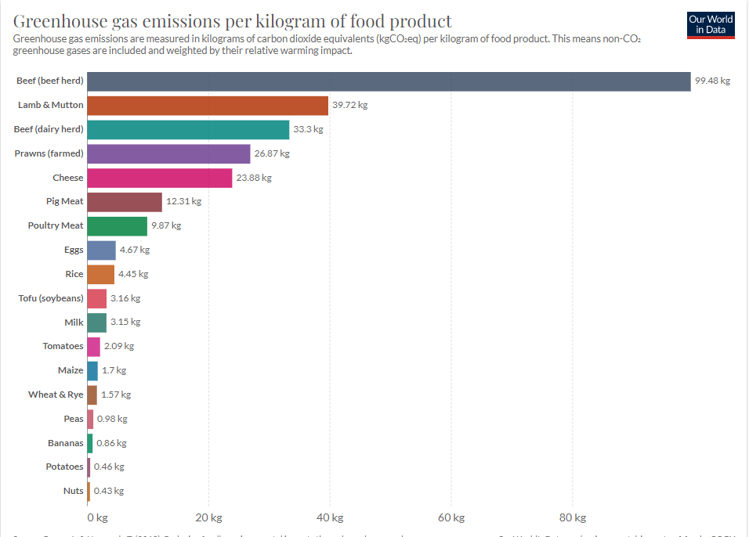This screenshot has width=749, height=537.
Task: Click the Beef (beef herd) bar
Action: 389,81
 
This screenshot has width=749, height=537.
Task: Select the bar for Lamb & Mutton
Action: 208,105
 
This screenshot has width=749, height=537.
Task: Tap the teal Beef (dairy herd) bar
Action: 188,129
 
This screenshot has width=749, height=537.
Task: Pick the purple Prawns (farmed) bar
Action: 168,153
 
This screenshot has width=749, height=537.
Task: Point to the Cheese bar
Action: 160,178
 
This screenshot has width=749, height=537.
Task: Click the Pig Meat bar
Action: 125,202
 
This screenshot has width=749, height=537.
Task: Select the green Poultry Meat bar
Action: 117,226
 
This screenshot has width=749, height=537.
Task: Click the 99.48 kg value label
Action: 712,81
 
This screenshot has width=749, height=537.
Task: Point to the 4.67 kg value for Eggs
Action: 134,250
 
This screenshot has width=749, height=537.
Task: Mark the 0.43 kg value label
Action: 109,491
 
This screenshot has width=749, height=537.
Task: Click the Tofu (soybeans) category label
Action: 51,298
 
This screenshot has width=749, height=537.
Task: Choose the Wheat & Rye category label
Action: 56,395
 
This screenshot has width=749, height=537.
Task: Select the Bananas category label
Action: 65,443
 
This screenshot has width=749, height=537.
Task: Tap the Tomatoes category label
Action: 63,346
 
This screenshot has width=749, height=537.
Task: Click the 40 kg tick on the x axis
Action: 330,518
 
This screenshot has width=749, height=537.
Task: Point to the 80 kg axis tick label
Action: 572,518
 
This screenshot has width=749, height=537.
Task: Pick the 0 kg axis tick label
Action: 97,518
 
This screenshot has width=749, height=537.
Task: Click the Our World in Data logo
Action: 711,23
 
